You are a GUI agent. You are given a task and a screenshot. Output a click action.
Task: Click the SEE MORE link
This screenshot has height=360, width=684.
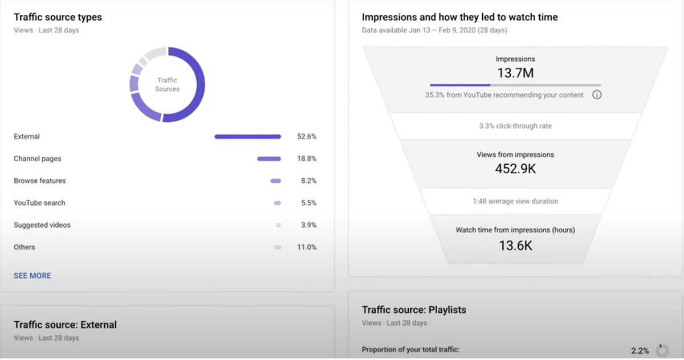click(32, 276)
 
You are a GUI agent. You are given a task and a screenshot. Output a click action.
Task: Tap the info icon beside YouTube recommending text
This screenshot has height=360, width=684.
click(597, 95)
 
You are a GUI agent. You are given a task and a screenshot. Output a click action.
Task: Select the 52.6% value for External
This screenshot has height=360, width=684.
click(307, 137)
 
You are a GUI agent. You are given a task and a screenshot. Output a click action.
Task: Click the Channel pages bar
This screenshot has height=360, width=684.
click(269, 159)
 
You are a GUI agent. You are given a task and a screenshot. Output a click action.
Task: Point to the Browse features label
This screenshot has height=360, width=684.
click(40, 181)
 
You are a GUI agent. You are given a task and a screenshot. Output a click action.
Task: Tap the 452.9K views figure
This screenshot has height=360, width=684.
click(515, 169)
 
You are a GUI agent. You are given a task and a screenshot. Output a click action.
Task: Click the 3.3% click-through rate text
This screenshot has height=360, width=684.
click(515, 126)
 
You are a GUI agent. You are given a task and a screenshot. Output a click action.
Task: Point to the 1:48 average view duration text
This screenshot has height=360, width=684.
click(515, 201)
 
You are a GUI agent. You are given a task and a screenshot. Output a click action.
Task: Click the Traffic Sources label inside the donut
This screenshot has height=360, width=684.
click(167, 85)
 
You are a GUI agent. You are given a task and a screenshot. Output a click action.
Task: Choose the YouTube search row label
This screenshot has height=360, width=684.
click(39, 203)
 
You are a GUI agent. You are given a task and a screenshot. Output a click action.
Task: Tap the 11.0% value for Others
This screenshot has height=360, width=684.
click(307, 247)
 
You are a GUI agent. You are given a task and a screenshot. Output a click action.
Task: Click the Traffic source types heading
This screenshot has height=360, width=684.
click(58, 17)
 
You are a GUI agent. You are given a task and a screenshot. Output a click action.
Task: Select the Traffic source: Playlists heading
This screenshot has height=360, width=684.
click(414, 310)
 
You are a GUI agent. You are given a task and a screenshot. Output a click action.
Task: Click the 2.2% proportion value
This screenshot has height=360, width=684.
click(640, 350)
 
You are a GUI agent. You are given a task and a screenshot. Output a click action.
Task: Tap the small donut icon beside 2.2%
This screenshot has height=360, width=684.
click(662, 349)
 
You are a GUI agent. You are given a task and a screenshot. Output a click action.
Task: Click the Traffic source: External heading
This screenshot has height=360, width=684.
click(65, 325)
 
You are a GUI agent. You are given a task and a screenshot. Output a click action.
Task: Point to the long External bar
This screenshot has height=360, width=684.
click(247, 137)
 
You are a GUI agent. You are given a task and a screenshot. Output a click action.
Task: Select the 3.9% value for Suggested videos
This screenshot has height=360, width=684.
click(308, 225)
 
